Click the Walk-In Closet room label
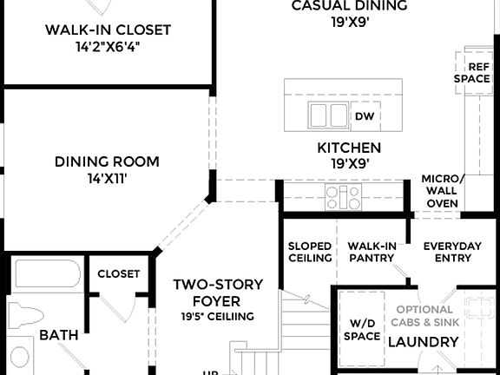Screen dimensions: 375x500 (x=108, y=30)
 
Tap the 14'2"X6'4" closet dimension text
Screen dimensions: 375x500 (x=108, y=47)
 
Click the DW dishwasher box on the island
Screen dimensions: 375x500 (x=363, y=115)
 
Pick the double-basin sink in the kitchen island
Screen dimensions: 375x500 (x=326, y=115)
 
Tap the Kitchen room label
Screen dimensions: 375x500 (x=348, y=148)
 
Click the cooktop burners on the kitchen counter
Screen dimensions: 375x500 (x=342, y=197)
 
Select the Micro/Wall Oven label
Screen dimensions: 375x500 (x=442, y=191)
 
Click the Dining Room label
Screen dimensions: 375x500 (x=107, y=161)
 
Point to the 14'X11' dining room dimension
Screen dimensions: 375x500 (x=107, y=178)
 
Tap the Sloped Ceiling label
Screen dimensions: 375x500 (x=310, y=252)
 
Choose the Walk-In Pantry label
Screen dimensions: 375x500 (x=372, y=252)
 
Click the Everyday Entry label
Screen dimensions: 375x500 (x=451, y=252)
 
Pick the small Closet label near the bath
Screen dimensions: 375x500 (x=118, y=273)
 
